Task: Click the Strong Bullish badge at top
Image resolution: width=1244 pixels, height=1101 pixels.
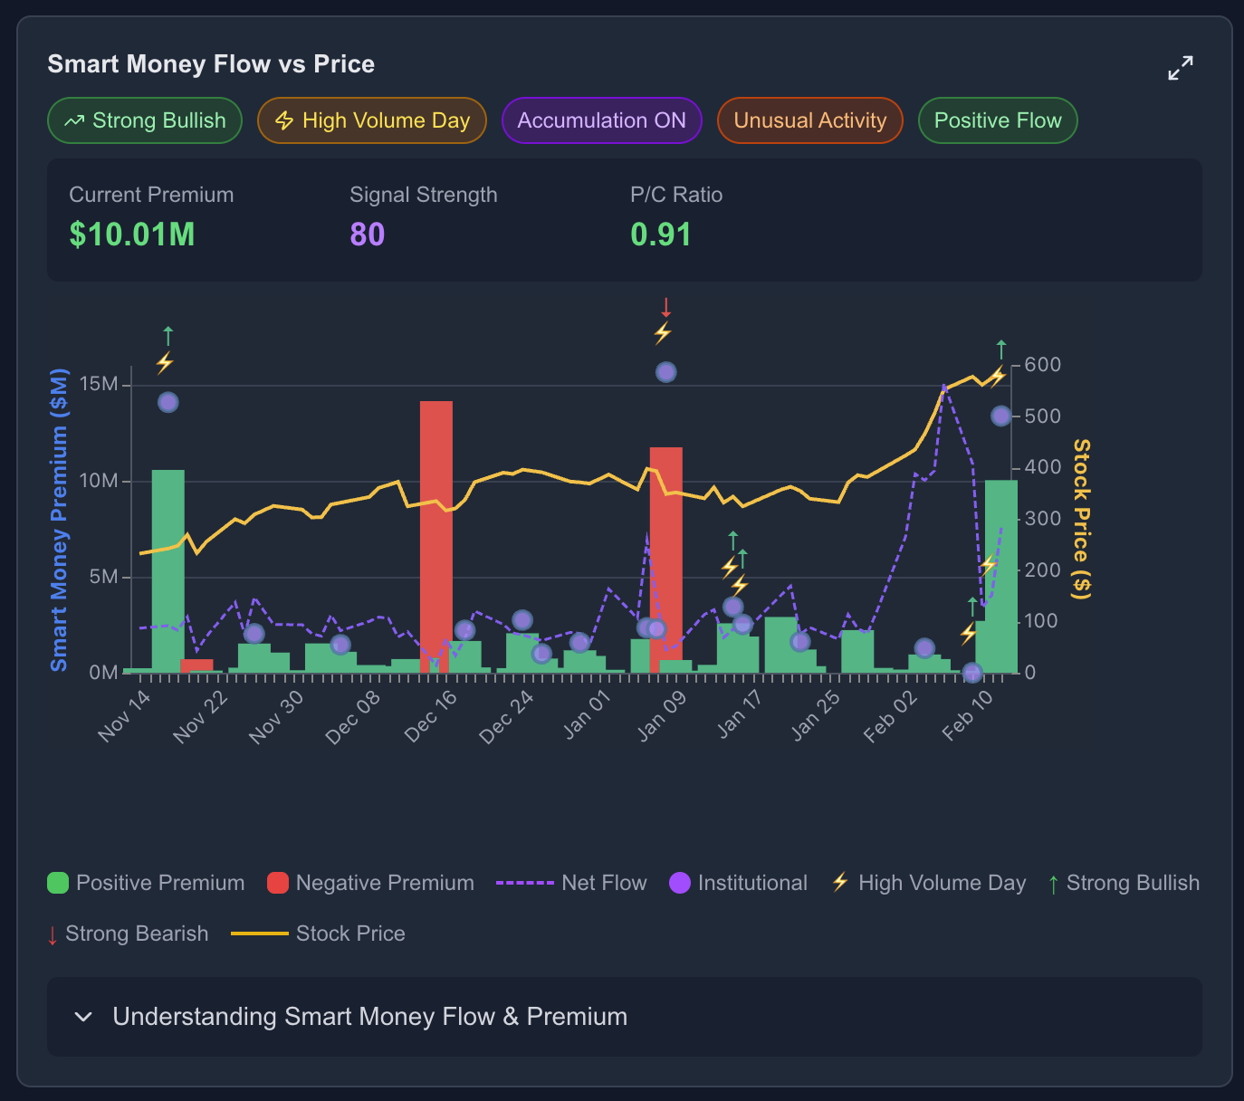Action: tap(145, 120)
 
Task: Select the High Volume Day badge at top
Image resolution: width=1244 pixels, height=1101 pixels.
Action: tap(372, 120)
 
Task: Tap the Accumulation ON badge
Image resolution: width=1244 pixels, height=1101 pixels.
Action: tap(602, 120)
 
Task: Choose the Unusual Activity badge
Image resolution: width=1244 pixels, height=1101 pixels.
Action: tap(810, 120)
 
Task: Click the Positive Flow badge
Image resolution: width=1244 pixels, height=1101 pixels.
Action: tap(998, 120)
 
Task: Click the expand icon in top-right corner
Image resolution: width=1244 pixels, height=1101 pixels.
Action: tap(1181, 68)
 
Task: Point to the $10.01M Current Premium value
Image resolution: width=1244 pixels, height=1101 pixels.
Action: tap(132, 235)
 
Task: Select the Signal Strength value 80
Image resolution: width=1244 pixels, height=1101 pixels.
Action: tap(368, 235)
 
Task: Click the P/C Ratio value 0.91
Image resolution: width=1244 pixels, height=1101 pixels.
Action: tap(661, 235)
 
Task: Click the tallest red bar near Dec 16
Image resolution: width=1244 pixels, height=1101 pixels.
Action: tap(436, 536)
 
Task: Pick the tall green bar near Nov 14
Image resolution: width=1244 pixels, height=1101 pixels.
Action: tap(168, 570)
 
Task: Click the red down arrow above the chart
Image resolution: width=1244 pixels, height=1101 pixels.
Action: tap(665, 307)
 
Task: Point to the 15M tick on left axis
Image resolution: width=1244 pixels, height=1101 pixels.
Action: tap(99, 385)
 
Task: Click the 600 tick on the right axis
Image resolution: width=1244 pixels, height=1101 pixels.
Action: tap(1042, 365)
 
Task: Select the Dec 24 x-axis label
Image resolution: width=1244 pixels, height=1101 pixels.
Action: tap(507, 717)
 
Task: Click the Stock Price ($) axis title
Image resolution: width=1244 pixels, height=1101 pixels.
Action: tap(1081, 519)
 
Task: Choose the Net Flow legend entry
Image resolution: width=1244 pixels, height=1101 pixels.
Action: tap(571, 883)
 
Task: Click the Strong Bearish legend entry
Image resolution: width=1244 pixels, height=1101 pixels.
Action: tap(128, 933)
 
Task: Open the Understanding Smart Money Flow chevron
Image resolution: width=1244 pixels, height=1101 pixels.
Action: tap(83, 1017)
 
